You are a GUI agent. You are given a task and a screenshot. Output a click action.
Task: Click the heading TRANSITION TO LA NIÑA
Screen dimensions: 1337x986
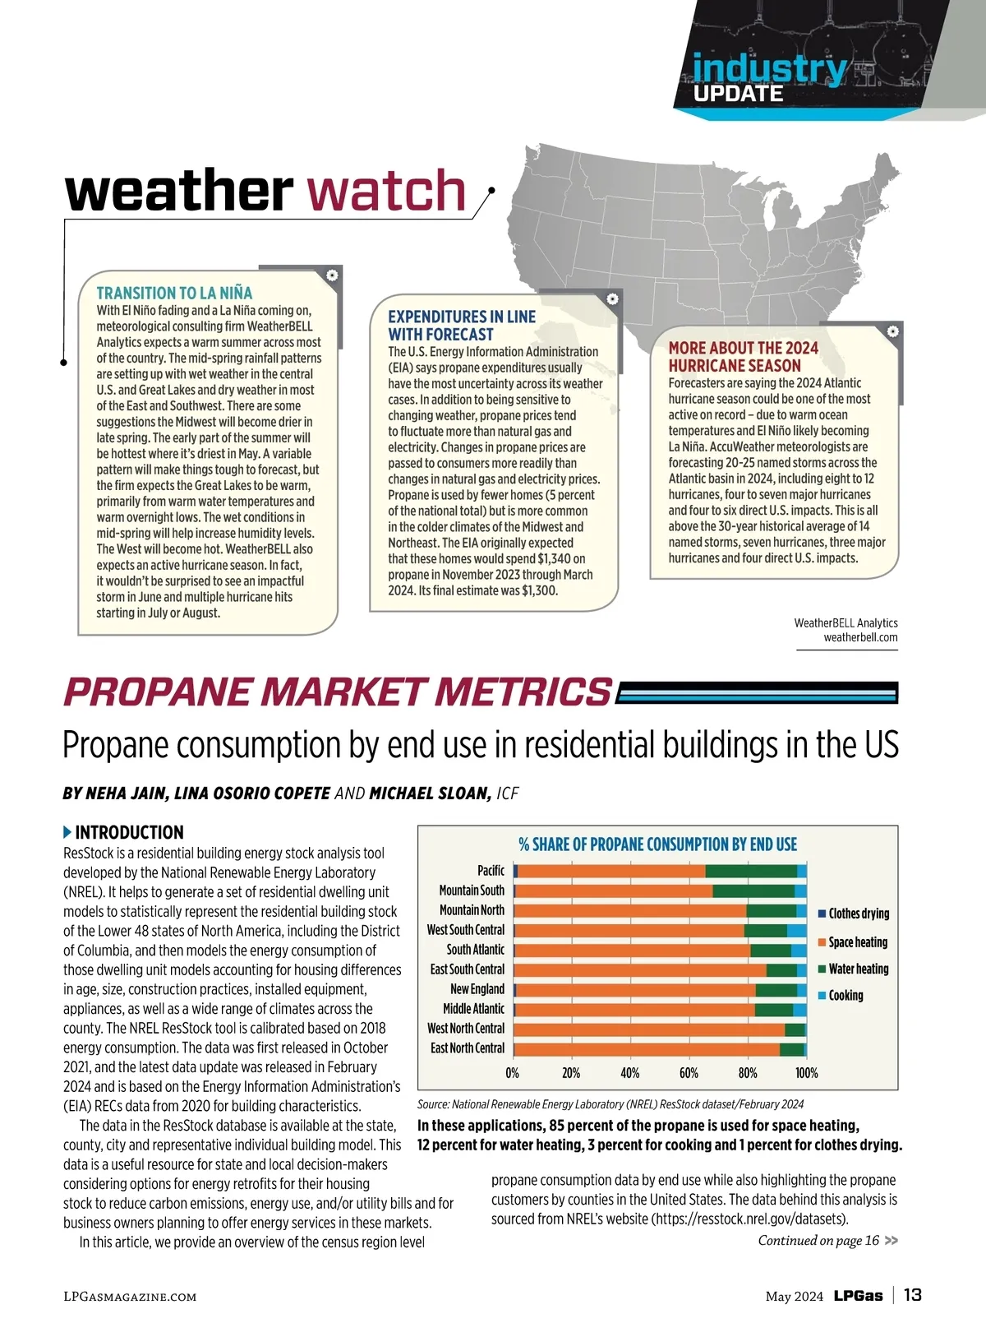174,294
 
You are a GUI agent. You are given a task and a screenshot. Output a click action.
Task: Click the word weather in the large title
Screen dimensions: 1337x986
179,191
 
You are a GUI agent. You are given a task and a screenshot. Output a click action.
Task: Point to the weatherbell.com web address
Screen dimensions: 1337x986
860,637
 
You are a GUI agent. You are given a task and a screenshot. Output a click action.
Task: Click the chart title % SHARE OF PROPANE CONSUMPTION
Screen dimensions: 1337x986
657,844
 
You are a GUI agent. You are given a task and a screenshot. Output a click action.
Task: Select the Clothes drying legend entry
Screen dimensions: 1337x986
858,914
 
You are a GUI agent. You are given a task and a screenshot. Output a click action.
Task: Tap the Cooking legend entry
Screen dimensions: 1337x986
845,995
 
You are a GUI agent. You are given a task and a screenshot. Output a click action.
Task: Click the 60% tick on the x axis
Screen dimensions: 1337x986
689,1073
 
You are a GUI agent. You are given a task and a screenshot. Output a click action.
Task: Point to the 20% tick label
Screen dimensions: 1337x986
571,1073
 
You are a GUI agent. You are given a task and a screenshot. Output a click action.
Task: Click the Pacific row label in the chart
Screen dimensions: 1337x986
491,870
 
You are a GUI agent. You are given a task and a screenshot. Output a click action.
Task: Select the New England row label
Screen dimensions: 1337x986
477,989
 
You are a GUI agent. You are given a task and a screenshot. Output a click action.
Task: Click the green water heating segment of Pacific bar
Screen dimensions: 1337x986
751,871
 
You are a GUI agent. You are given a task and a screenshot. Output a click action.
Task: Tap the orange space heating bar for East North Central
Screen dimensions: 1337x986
647,1048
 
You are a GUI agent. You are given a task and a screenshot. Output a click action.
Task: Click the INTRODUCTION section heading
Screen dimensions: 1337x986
129,832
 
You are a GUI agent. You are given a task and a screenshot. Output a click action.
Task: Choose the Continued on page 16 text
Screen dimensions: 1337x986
818,1240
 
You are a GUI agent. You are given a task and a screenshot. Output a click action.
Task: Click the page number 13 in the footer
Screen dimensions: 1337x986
912,1295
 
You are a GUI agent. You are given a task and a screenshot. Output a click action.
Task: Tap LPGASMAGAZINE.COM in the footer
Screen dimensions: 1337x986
130,1297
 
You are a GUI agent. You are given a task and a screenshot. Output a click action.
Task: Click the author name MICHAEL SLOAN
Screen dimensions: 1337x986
430,793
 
